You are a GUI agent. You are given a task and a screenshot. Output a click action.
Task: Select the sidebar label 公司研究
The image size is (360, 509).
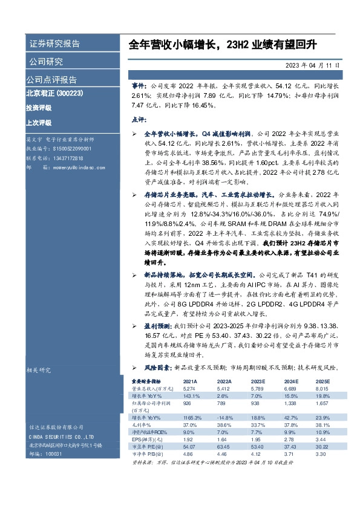click(x=45, y=62)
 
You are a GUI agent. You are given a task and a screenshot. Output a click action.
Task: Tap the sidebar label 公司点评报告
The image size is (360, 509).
click(x=51, y=79)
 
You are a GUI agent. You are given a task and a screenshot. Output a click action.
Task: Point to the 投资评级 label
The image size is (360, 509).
click(x=38, y=107)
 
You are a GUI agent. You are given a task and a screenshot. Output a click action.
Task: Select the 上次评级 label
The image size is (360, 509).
click(x=38, y=122)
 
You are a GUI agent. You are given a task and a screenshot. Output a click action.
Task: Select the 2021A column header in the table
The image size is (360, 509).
click(x=190, y=382)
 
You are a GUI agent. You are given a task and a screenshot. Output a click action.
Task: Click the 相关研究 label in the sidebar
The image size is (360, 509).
click(x=39, y=369)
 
